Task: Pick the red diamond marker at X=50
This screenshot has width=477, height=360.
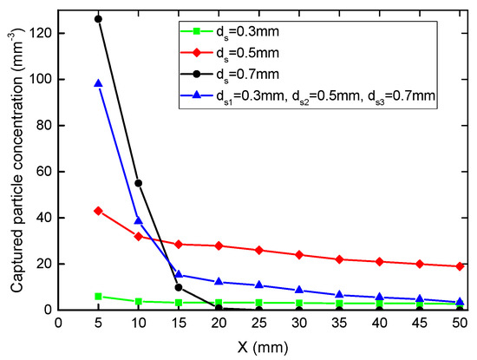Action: pyautogui.click(x=459, y=266)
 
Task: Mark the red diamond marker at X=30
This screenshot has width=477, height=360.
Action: pyautogui.click(x=298, y=254)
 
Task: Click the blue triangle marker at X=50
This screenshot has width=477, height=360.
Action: pyautogui.click(x=459, y=302)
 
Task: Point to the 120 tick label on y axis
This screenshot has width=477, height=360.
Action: pyautogui.click(x=39, y=33)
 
